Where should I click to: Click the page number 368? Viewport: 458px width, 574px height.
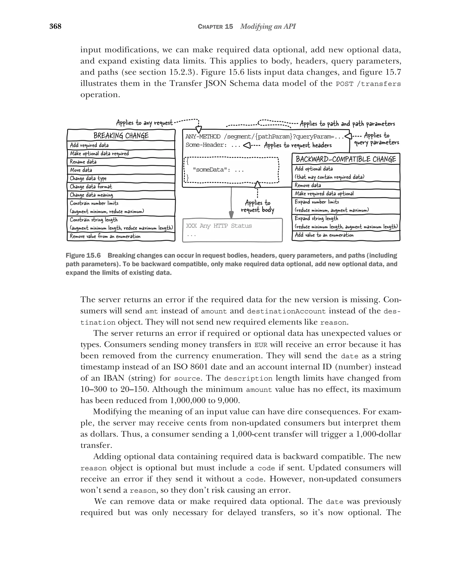pyautogui.click(x=55, y=26)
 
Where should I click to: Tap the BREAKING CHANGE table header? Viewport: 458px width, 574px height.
pyautogui.click(x=121, y=136)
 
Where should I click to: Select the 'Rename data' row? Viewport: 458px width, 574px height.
pyautogui.click(x=83, y=162)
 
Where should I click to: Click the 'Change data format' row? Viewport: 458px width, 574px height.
pyautogui.click(x=91, y=186)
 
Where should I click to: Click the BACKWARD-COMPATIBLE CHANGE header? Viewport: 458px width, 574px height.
pyautogui.click(x=346, y=159)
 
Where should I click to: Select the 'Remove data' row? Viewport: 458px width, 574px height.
pyautogui.click(x=308, y=185)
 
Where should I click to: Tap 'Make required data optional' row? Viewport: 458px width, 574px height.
pyautogui.click(x=324, y=193)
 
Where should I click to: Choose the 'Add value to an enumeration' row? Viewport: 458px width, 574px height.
pyautogui.click(x=324, y=235)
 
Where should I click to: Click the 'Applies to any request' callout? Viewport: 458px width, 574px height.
pyautogui.click(x=144, y=123)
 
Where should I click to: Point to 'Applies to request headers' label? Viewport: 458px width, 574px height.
pyautogui.click(x=298, y=145)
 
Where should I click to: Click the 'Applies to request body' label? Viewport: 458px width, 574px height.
pyautogui.click(x=257, y=206)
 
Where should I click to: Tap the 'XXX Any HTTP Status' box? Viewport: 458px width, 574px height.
pyautogui.click(x=232, y=230)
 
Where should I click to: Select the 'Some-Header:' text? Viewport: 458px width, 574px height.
pyautogui.click(x=206, y=145)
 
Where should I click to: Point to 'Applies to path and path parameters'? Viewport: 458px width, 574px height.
pyautogui.click(x=347, y=124)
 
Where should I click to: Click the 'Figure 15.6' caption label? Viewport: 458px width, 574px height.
pyautogui.click(x=83, y=256)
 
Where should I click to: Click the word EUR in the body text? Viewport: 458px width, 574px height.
pyautogui.click(x=261, y=345)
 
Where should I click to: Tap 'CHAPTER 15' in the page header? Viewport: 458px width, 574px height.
pyautogui.click(x=215, y=27)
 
